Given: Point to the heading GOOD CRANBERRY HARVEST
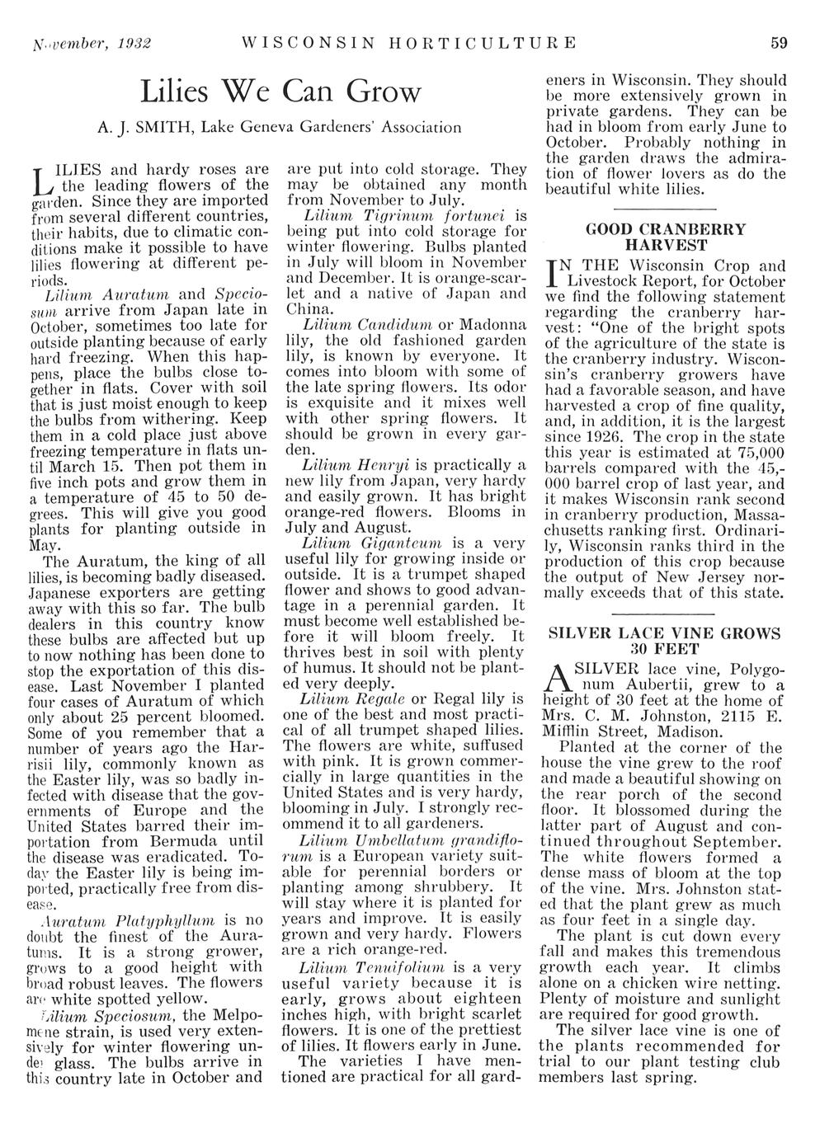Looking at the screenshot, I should pos(665,237).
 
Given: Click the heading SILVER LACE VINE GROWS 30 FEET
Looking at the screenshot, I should pos(665,641).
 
